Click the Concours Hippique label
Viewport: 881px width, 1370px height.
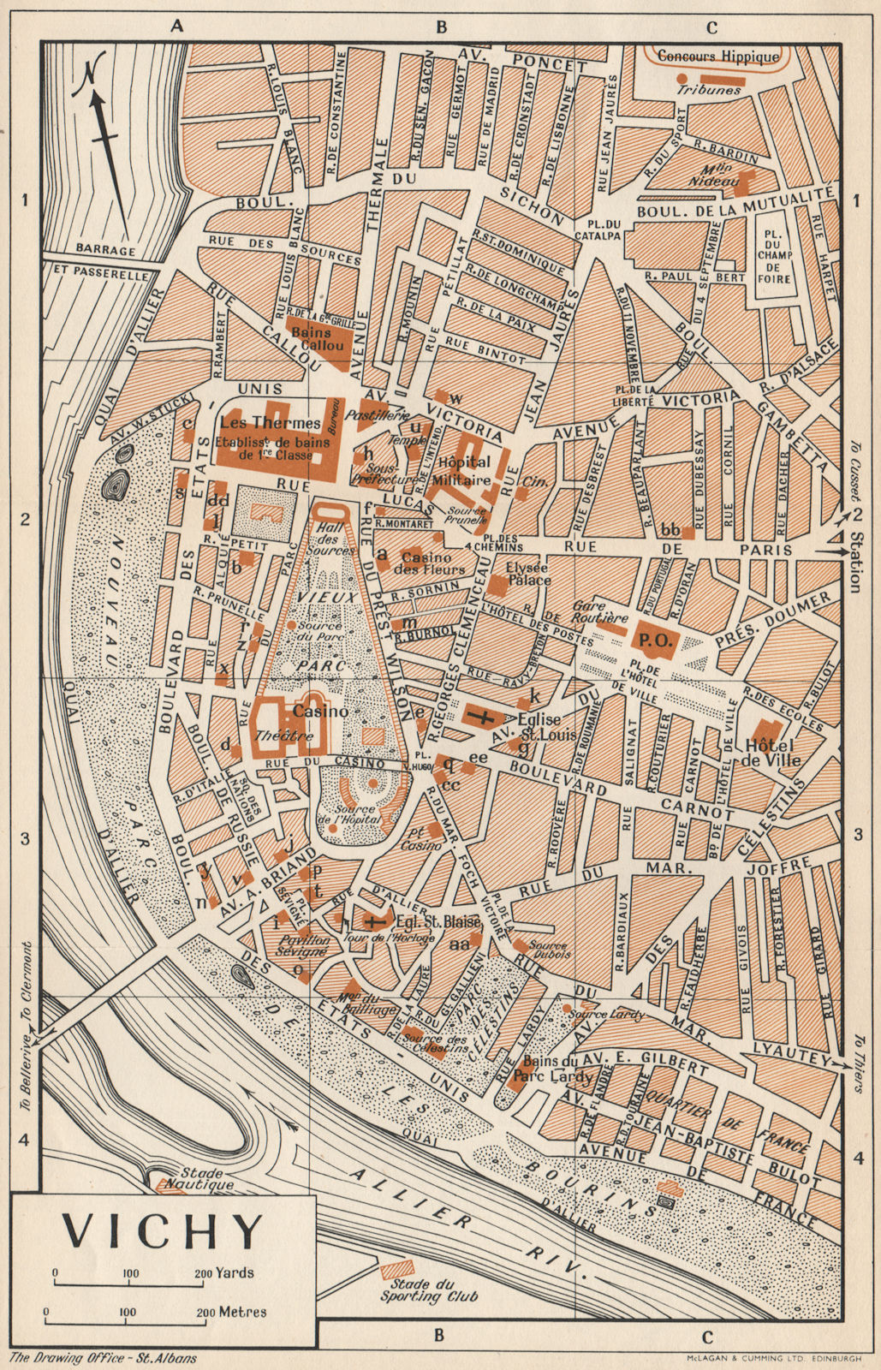click(x=718, y=57)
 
